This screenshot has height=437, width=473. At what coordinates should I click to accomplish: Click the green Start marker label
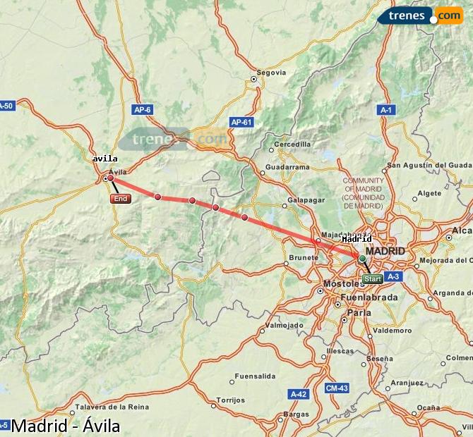pyautogui.click(x=373, y=279)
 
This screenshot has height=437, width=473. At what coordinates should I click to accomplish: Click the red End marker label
pyautogui.click(x=121, y=199)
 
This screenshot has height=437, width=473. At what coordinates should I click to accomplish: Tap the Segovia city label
pyautogui.click(x=271, y=73)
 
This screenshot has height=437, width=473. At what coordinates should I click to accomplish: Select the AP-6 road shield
pyautogui.click(x=143, y=109)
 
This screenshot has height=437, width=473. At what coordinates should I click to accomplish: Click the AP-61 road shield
pyautogui.click(x=241, y=122)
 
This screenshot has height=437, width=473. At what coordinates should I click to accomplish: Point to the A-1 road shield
pyautogui.click(x=387, y=110)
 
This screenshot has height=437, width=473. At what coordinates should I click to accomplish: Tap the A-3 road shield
pyautogui.click(x=394, y=276)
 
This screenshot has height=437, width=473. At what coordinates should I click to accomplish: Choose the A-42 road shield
pyautogui.click(x=298, y=394)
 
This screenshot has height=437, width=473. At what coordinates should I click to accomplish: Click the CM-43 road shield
pyautogui.click(x=337, y=388)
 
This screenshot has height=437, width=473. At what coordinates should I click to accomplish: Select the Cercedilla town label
pyautogui.click(x=292, y=144)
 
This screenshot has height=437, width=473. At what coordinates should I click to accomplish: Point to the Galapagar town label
pyautogui.click(x=306, y=199)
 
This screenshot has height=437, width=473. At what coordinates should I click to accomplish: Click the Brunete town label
pyautogui.click(x=304, y=258)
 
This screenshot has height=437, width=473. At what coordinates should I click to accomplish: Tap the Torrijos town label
pyautogui.click(x=230, y=400)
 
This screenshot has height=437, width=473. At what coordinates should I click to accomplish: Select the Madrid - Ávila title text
pyautogui.click(x=66, y=426)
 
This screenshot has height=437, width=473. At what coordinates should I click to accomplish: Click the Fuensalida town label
pyautogui.click(x=255, y=376)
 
